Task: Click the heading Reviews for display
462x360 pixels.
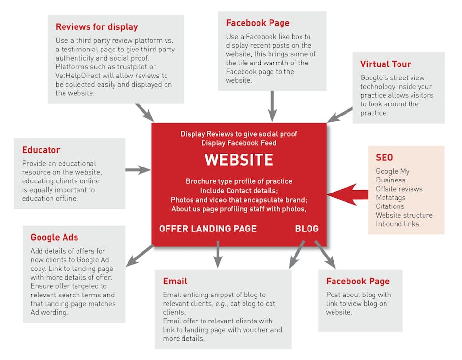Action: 97,27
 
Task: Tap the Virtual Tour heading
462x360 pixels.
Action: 385,64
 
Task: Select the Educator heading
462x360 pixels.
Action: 41,150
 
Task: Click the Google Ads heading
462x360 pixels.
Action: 54,237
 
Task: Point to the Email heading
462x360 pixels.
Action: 175,281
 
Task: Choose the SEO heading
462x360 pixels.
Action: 384,157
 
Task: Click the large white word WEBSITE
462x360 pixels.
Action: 239,160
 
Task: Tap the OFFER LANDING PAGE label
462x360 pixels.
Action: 208,229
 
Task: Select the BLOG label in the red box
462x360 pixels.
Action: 307,229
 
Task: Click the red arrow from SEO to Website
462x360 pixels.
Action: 347,194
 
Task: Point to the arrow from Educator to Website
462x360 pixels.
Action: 138,170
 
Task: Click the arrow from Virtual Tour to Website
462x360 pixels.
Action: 340,115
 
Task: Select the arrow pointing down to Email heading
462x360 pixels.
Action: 218,255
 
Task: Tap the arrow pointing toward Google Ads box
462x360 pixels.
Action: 140,256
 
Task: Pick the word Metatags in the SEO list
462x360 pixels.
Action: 391,198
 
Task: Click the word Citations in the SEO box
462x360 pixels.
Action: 390,206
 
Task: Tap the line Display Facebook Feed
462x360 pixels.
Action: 239,143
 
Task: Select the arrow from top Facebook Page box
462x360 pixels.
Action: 272,106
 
